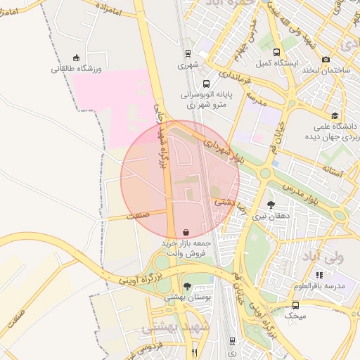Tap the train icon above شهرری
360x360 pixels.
tap(188, 53)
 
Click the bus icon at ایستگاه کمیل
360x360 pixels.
tap(276, 53)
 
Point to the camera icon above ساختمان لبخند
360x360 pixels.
tap(325, 60)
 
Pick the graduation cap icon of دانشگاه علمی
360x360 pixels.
tap(335, 115)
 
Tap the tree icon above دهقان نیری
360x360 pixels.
tap(271, 205)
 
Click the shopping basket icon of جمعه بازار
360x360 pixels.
tap(185, 231)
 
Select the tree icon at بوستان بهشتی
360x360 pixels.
tap(187, 286)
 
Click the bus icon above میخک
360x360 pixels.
tap(295, 305)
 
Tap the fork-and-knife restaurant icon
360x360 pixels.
tap(194, 352)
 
